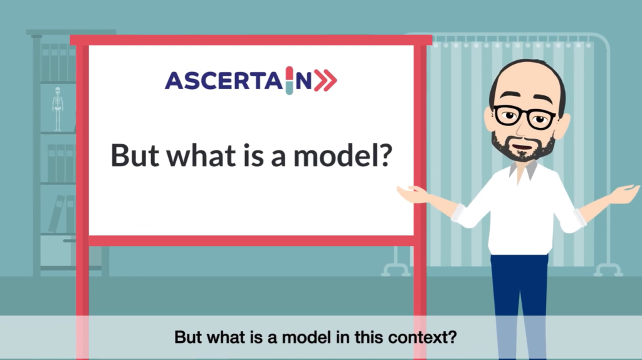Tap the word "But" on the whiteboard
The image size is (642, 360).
[135, 155]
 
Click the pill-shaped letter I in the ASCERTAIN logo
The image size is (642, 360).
[290, 80]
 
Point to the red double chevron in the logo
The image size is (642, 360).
[325, 80]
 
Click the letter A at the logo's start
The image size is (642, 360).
[174, 80]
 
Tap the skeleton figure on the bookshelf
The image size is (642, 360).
[58, 109]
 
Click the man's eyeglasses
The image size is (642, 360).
[525, 117]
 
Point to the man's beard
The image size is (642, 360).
[522, 147]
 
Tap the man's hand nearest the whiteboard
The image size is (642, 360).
[413, 194]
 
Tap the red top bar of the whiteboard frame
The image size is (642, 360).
[251, 40]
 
